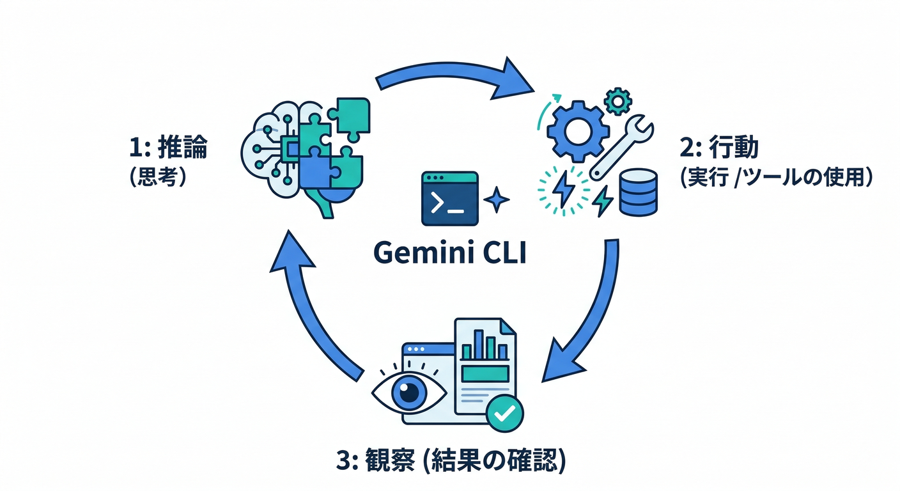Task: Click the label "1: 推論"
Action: pos(168,148)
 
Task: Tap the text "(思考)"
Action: pos(157,177)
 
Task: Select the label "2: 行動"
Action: pos(720,148)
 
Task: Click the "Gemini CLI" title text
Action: pos(449,253)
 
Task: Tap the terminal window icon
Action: pos(449,198)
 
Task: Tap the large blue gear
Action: pos(575,130)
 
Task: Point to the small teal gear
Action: pos(617,102)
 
